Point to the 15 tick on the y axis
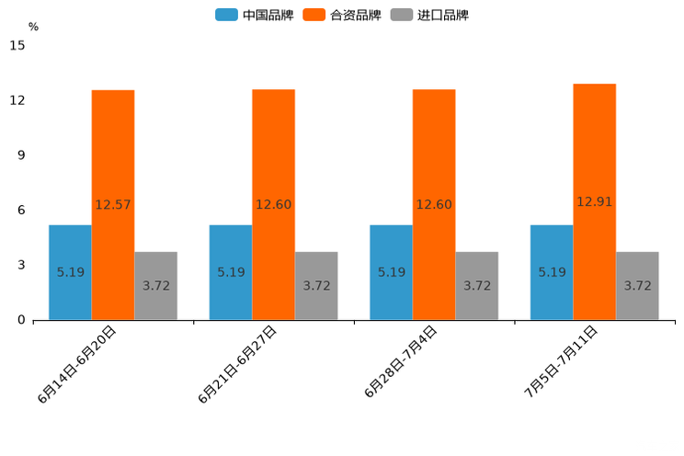tap(17, 45)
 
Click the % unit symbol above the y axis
tap(33, 28)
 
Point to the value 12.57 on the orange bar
tap(113, 205)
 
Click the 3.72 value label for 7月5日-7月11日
tap(638, 286)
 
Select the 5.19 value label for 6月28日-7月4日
tap(392, 272)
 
